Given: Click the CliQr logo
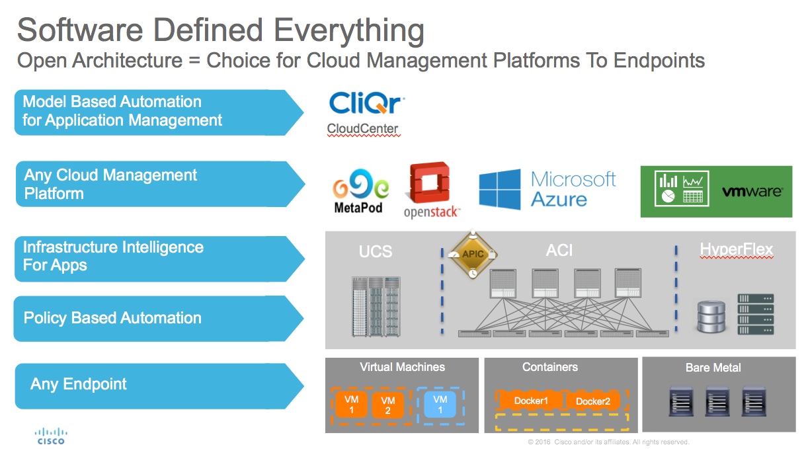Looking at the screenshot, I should pyautogui.click(x=366, y=104).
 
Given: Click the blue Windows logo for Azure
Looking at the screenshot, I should pyautogui.click(x=501, y=189).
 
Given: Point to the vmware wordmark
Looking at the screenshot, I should pyautogui.click(x=752, y=192).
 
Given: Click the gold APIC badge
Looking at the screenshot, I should pyautogui.click(x=472, y=254).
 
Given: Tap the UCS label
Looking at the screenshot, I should pyautogui.click(x=376, y=251).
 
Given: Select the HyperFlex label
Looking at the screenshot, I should pyautogui.click(x=736, y=250).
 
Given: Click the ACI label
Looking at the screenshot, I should pyautogui.click(x=559, y=250).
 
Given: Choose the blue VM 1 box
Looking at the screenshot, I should pyautogui.click(x=440, y=404).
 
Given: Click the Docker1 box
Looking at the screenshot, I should pyautogui.click(x=532, y=401).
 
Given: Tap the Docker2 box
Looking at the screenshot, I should pyautogui.click(x=593, y=401).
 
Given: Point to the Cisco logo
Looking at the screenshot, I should pyautogui.click(x=50, y=436).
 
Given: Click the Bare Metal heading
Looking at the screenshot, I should pyautogui.click(x=713, y=368).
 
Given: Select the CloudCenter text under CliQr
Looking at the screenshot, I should pyautogui.click(x=363, y=128).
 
